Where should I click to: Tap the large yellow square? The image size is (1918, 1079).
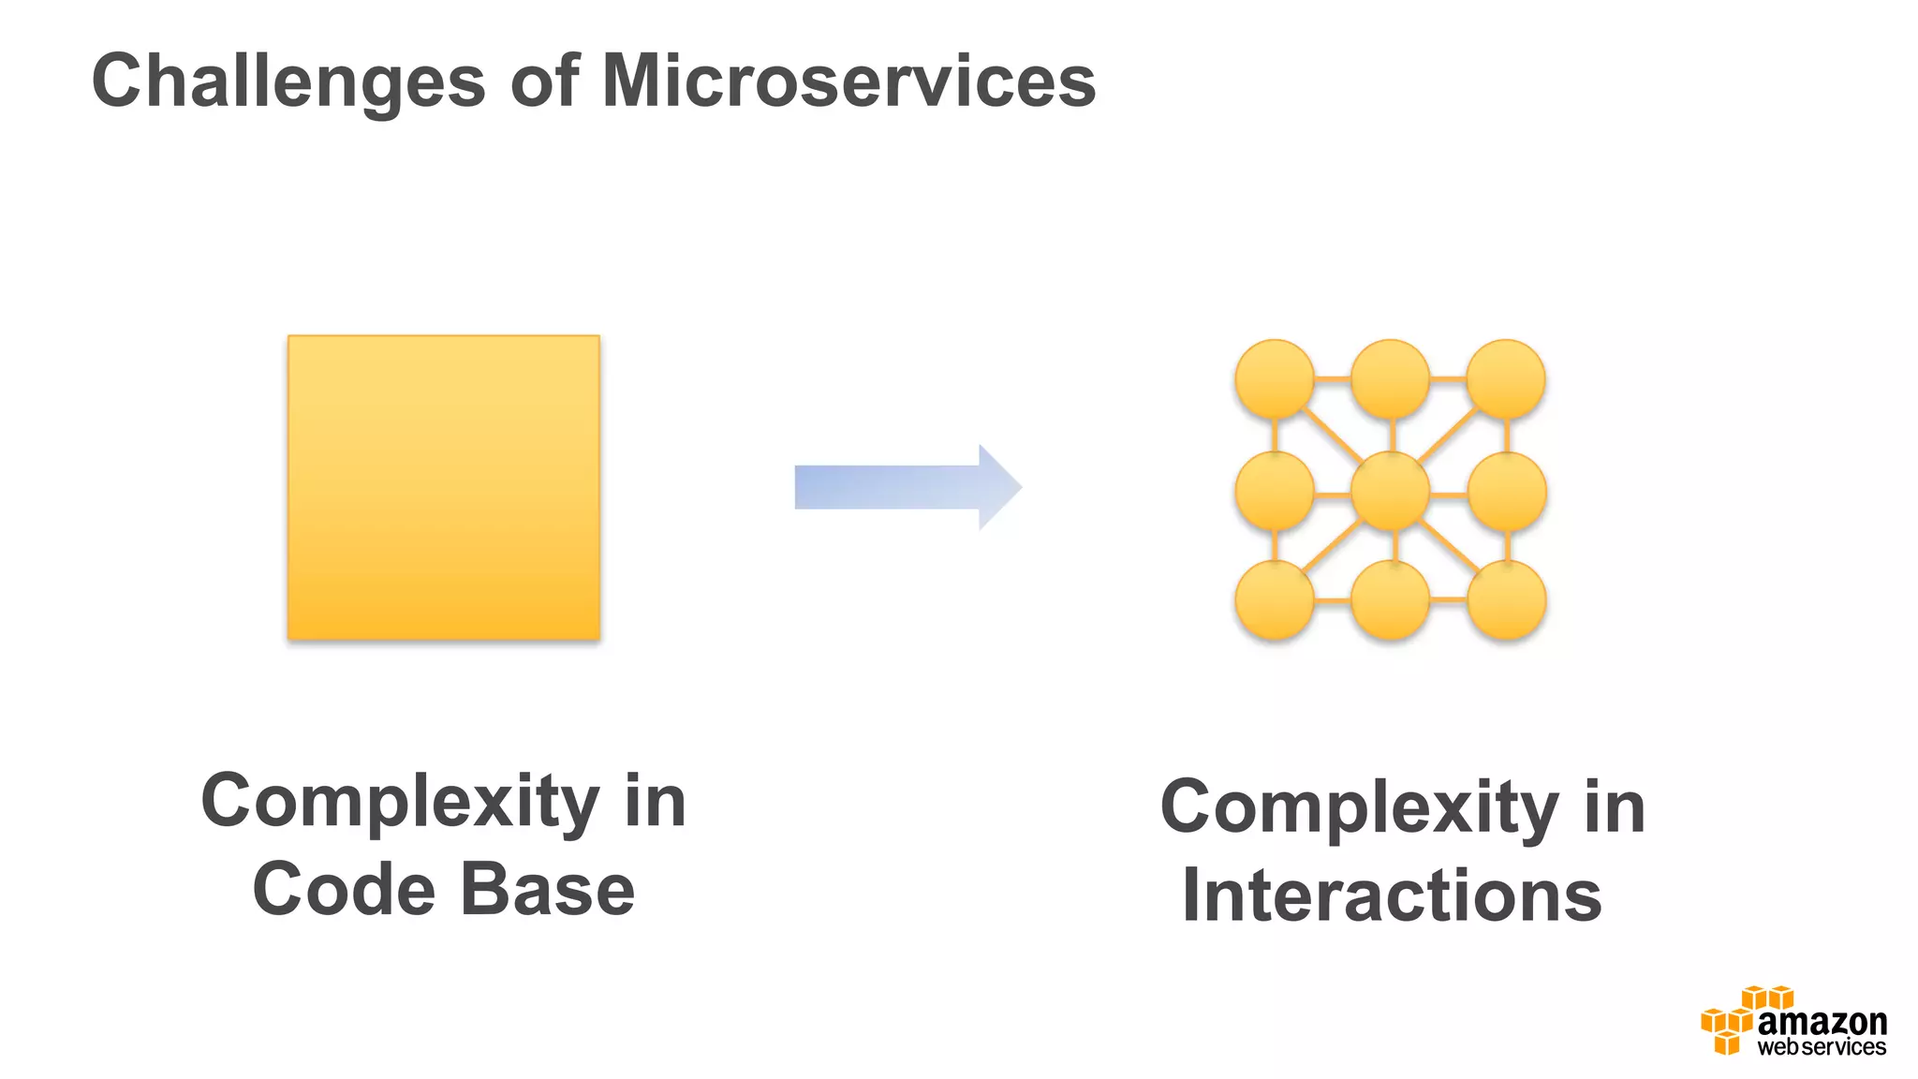tap(443, 487)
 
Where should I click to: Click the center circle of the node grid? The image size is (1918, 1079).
tap(1390, 491)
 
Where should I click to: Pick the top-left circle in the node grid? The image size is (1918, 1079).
tap(1275, 378)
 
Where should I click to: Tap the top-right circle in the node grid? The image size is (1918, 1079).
tap(1505, 378)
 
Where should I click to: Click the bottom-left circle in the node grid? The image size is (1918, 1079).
tap(1275, 599)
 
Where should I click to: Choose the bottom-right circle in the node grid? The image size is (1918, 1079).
tap(1506, 599)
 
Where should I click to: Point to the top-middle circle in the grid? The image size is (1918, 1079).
tap(1390, 378)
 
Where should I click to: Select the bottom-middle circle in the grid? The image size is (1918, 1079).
tap(1391, 599)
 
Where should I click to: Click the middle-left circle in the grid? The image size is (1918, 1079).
tap(1275, 491)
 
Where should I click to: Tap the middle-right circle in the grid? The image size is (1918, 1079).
tap(1506, 491)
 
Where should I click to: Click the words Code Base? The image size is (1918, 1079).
tap(443, 890)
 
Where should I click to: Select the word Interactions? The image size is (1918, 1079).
tap(1392, 896)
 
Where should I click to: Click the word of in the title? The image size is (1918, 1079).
tap(544, 81)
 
